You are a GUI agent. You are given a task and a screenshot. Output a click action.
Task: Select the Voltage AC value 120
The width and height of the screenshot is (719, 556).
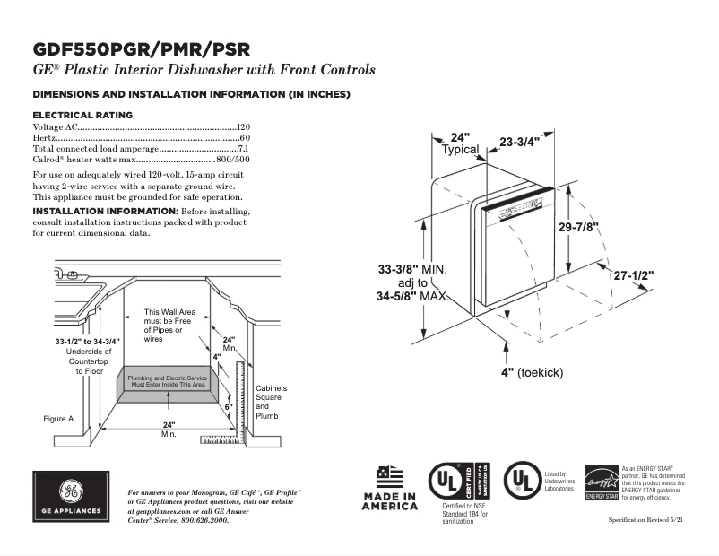[243, 128]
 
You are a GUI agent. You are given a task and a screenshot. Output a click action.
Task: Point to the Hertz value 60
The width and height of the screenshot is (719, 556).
[245, 138]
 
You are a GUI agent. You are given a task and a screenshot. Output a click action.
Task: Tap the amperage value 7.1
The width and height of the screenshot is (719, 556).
[243, 148]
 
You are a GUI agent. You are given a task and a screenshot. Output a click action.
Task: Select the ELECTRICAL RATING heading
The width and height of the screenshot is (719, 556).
[82, 115]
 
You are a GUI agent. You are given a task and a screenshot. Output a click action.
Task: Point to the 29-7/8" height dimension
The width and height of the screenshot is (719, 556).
[579, 228]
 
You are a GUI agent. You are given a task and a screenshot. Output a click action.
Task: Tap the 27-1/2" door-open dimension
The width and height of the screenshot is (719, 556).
[634, 275]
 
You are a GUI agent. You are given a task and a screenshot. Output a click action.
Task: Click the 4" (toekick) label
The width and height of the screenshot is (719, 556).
[533, 372]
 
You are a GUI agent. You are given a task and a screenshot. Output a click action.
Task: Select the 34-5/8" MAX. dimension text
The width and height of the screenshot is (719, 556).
[412, 296]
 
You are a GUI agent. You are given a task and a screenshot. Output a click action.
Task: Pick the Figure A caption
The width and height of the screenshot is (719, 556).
[58, 419]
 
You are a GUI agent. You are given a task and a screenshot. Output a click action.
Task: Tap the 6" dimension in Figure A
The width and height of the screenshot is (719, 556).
[229, 406]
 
